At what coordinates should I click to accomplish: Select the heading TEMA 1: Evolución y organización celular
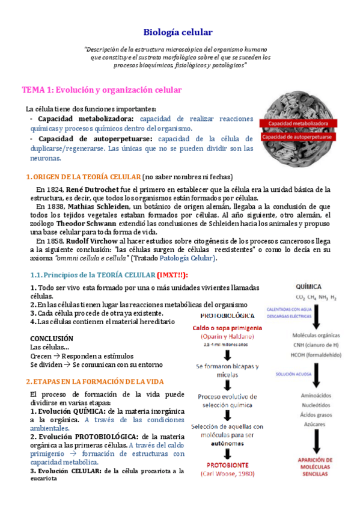coord(102,90)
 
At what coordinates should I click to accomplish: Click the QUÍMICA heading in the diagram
coord(308,286)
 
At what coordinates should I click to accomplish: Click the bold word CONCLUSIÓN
coord(51,339)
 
